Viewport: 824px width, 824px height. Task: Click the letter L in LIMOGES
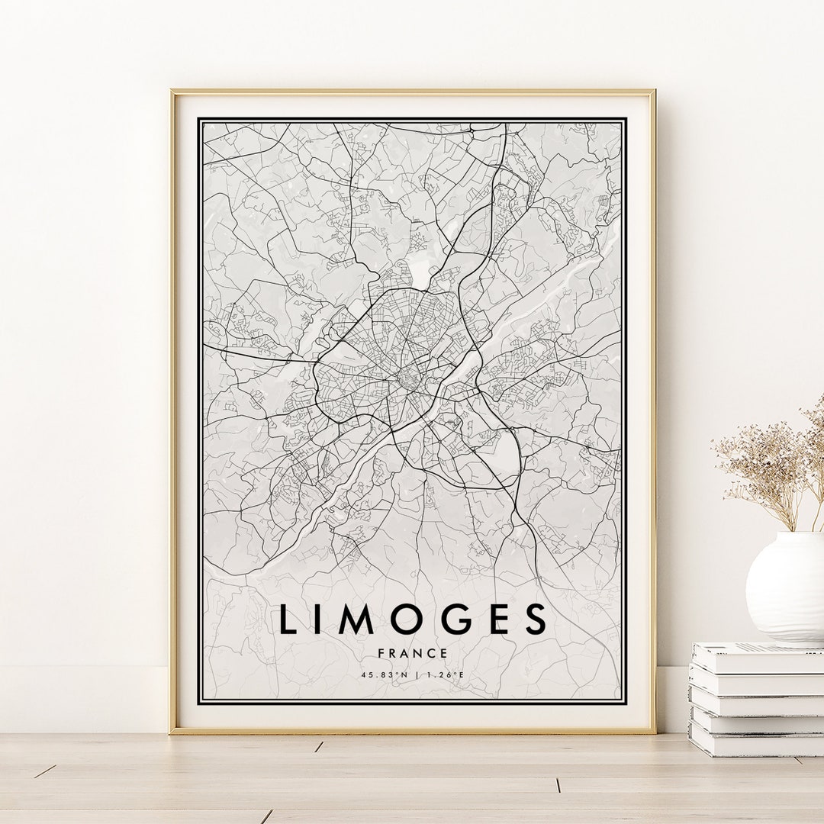[288, 619]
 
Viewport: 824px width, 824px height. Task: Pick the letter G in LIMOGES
[458, 619]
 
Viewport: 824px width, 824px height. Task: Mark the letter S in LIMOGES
[536, 619]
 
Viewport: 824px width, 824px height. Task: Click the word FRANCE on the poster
[412, 653]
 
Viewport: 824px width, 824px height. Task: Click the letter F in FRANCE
[381, 653]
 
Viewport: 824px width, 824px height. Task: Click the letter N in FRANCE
[418, 653]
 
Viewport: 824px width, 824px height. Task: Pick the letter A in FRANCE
[405, 653]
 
